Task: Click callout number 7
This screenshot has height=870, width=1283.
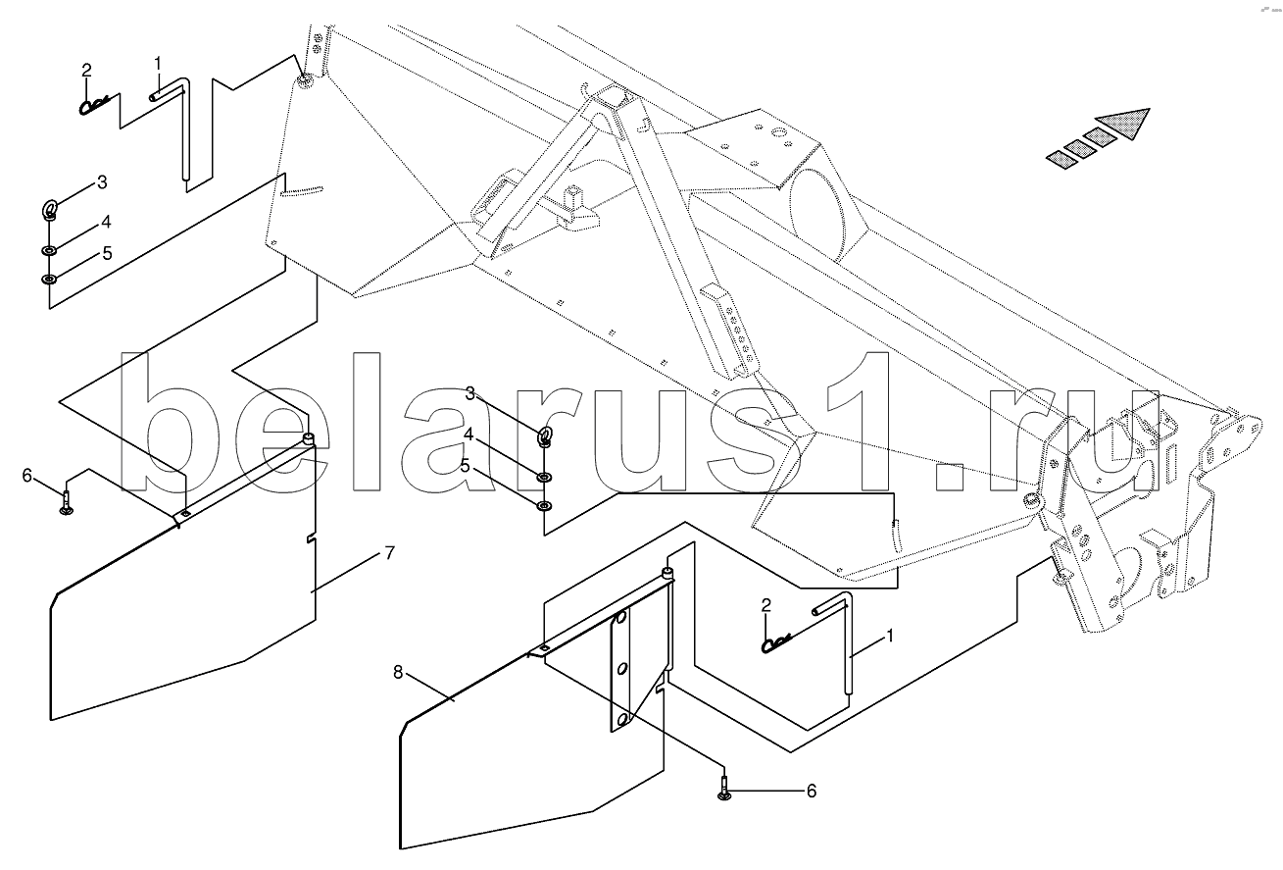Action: coord(389,553)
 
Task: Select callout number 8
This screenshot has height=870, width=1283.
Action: coord(398,672)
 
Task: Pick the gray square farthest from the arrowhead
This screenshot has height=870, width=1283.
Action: coord(1063,160)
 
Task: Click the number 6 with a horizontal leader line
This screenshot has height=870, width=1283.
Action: coord(811,791)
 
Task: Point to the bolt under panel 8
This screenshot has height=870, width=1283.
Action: coord(724,789)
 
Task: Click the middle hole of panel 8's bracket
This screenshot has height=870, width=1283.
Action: coord(622,669)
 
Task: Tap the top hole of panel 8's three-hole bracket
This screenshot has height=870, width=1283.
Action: coord(620,618)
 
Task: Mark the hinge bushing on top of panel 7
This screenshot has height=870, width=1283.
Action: coord(309,440)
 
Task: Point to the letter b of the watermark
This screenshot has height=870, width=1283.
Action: coord(156,422)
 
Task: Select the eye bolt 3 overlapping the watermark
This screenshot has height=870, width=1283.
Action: coord(544,437)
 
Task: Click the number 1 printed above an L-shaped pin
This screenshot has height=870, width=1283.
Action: coord(158,63)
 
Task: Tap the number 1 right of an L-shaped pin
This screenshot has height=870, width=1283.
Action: coord(890,636)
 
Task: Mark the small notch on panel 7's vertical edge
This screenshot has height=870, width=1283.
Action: coord(311,538)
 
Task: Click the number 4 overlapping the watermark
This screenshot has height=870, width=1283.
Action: coord(469,435)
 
